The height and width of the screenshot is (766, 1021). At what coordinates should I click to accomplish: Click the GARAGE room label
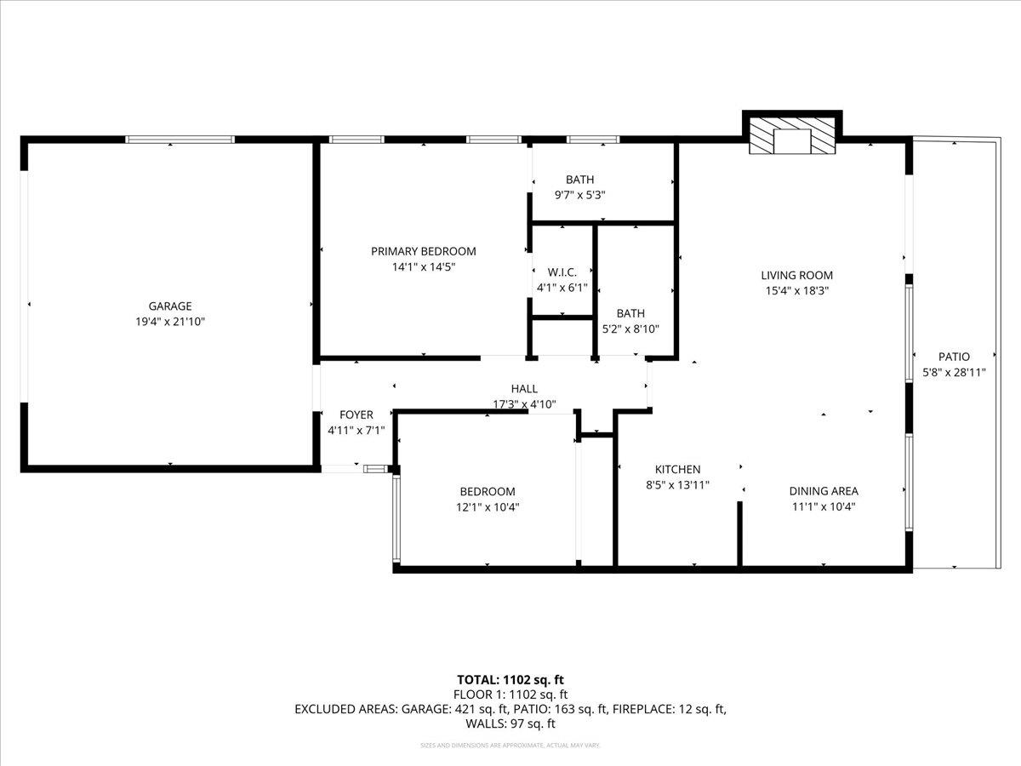pos(170,306)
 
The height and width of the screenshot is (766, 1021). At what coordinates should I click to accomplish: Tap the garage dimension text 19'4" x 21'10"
pos(170,322)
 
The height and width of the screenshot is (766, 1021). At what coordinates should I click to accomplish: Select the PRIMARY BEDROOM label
pos(423,251)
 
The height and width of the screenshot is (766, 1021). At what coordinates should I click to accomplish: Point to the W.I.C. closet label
pos(562,272)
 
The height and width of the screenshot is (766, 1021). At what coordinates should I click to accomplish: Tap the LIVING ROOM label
pos(796,275)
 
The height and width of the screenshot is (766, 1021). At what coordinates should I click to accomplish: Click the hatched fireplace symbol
pos(791,137)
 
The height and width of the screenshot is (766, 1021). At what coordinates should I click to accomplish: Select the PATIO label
pos(954,357)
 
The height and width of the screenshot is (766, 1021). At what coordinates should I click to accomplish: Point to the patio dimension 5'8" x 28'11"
pos(954,372)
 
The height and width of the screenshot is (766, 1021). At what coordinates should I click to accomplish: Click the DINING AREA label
pos(823,491)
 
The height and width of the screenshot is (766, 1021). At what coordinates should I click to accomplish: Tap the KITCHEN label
pos(677,470)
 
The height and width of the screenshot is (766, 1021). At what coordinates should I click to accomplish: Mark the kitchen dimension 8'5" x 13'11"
pos(677,485)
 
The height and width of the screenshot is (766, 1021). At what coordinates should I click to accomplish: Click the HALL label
pos(524,389)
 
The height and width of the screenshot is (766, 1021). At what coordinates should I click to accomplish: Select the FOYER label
pos(356,415)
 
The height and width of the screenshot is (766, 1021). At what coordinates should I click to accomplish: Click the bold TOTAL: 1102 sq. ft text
pos(510,679)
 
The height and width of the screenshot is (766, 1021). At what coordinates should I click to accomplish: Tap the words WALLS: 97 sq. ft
pos(510,723)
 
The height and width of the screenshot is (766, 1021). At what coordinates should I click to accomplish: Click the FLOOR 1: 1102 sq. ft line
pos(510,694)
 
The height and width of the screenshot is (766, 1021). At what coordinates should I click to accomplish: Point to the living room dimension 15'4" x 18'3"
pos(796,290)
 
